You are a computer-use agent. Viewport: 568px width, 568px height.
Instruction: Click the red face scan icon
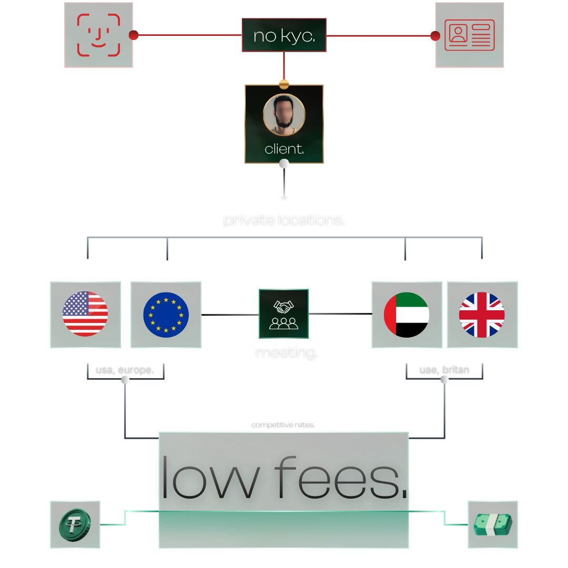coord(99,35)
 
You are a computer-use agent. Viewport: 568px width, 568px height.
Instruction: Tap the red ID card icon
coord(470,35)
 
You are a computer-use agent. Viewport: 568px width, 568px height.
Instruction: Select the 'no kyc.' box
coord(284,36)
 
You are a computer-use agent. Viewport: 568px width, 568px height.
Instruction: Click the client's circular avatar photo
coord(284,115)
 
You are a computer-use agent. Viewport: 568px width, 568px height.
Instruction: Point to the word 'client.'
coord(284,149)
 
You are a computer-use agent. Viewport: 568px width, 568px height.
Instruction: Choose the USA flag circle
coord(85,313)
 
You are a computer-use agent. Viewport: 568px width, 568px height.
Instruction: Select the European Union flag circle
coord(166,314)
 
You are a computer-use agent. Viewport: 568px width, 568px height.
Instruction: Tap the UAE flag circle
coord(407,315)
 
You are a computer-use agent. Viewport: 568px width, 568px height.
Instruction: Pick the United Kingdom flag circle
coord(482,315)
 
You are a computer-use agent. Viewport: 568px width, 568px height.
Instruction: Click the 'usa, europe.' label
coord(125,370)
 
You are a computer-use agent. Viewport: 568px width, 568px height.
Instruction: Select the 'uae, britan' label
coord(444,370)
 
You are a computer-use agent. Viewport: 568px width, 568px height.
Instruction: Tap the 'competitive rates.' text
coord(283,424)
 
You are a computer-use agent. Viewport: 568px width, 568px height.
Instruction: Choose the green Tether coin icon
coord(75,525)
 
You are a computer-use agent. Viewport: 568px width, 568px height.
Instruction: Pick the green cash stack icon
coord(493,525)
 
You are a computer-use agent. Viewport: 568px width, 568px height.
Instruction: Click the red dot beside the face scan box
coord(134,35)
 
